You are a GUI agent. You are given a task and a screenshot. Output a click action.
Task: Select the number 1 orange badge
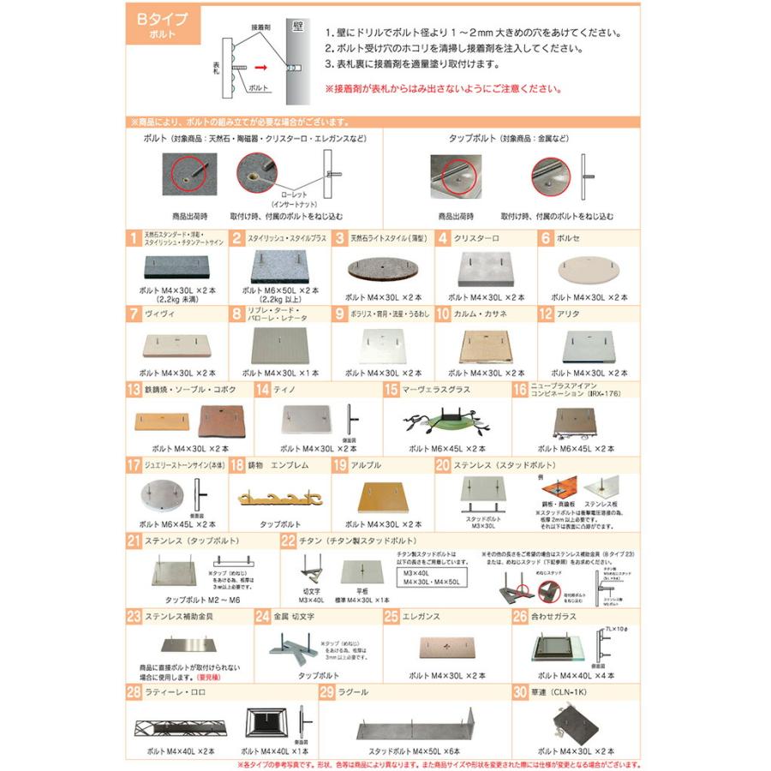click(134, 239)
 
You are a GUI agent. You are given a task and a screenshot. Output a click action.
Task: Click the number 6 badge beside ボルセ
click(545, 239)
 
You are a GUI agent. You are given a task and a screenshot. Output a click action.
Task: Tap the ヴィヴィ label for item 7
click(159, 314)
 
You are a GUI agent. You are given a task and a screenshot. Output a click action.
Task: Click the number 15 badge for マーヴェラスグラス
click(391, 390)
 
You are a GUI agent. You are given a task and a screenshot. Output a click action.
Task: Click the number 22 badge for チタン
click(288, 541)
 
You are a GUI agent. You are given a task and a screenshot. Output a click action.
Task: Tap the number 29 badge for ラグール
click(326, 691)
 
